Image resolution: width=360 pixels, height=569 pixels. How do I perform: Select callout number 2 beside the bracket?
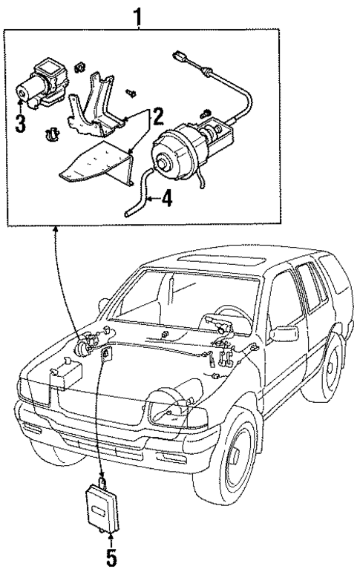click(157, 114)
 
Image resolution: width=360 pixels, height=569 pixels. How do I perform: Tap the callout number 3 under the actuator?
click(20, 122)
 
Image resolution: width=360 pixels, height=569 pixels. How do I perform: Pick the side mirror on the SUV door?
click(284, 333)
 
